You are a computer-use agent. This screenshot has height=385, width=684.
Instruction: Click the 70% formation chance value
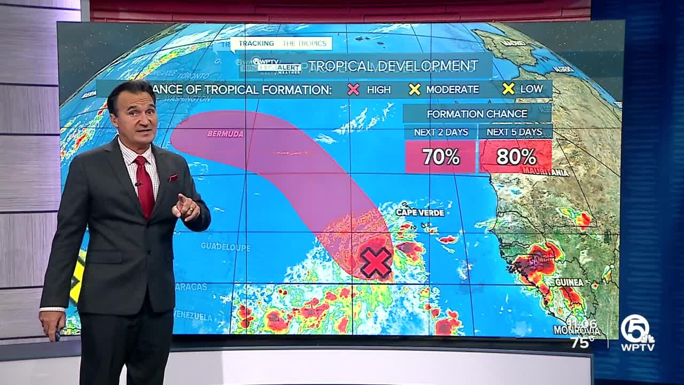(440, 157)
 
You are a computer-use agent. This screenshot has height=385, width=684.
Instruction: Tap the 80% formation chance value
(516, 157)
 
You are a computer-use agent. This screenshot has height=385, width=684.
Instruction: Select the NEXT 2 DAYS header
(440, 132)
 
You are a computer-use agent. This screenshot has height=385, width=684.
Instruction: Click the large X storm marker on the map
(376, 263)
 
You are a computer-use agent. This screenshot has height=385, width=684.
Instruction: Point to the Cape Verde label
(420, 212)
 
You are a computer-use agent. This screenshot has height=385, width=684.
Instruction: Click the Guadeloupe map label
(226, 247)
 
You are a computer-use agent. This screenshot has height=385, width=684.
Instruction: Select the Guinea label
(569, 282)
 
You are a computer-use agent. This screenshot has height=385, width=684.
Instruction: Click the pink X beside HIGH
(354, 89)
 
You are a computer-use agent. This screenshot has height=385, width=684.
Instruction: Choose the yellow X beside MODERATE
(415, 89)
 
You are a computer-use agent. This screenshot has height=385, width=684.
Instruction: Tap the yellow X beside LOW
(509, 89)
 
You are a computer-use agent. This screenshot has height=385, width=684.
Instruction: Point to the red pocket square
(173, 178)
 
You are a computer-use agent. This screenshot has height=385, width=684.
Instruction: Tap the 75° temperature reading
(581, 342)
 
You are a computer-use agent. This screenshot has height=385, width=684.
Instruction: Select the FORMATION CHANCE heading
(477, 113)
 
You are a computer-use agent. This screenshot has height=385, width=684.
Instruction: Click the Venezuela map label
(193, 315)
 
